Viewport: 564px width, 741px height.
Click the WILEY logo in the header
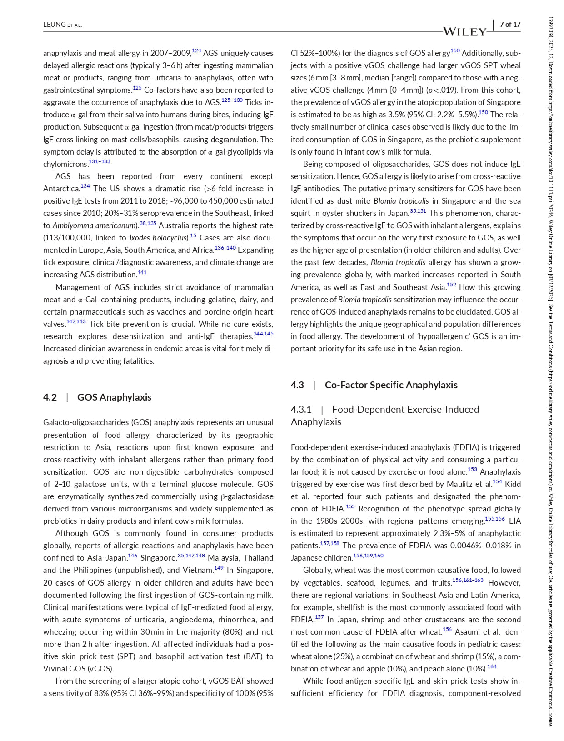click(x=464, y=31)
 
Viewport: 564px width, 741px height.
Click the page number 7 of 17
click(x=510, y=25)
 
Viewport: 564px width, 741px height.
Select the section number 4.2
click(x=50, y=397)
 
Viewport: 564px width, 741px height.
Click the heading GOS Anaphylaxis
click(x=114, y=397)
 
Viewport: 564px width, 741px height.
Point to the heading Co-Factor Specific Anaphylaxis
click(x=391, y=385)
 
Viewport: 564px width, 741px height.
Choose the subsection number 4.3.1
click(x=301, y=410)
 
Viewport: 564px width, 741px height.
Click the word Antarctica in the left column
click(x=61, y=189)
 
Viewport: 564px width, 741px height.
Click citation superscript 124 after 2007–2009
click(x=196, y=50)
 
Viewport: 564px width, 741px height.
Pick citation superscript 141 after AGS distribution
click(x=142, y=272)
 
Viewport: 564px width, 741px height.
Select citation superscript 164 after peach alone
click(x=492, y=666)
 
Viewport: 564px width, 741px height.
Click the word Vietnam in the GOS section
click(x=198, y=570)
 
